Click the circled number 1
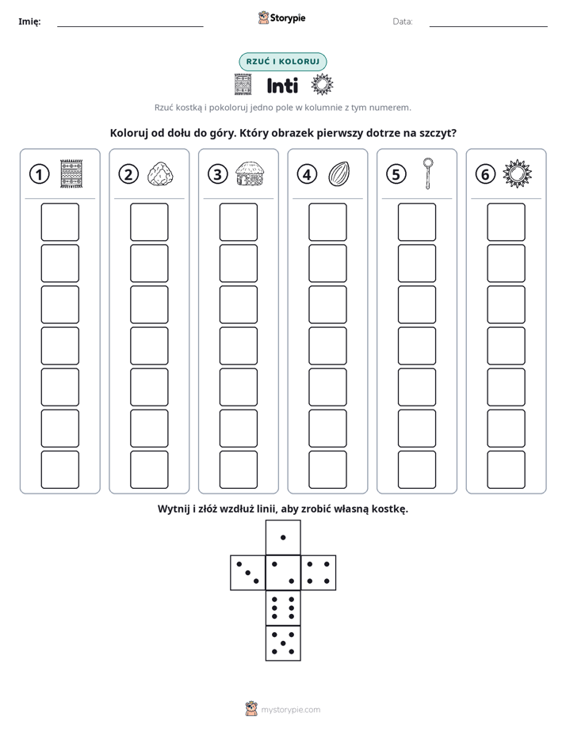(x=39, y=174)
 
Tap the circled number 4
(x=307, y=174)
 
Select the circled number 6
(x=485, y=174)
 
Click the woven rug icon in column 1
(x=71, y=174)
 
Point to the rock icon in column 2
(x=161, y=174)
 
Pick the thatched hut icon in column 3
(x=250, y=174)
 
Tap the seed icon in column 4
(x=339, y=174)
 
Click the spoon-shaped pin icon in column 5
(x=428, y=173)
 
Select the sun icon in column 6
(x=518, y=174)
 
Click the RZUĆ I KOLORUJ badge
(x=282, y=62)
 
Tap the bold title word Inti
(x=282, y=86)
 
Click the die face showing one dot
(x=283, y=538)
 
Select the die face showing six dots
(x=283, y=608)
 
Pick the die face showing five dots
(x=283, y=643)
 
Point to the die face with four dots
(x=319, y=573)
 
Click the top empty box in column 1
(x=59, y=222)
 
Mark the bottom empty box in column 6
(x=507, y=470)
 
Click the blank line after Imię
(x=130, y=26)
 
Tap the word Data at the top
(x=403, y=21)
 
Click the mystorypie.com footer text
(x=290, y=710)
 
